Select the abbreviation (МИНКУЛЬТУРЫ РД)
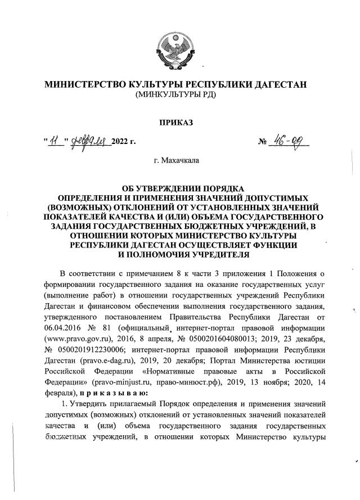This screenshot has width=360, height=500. [180, 96]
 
